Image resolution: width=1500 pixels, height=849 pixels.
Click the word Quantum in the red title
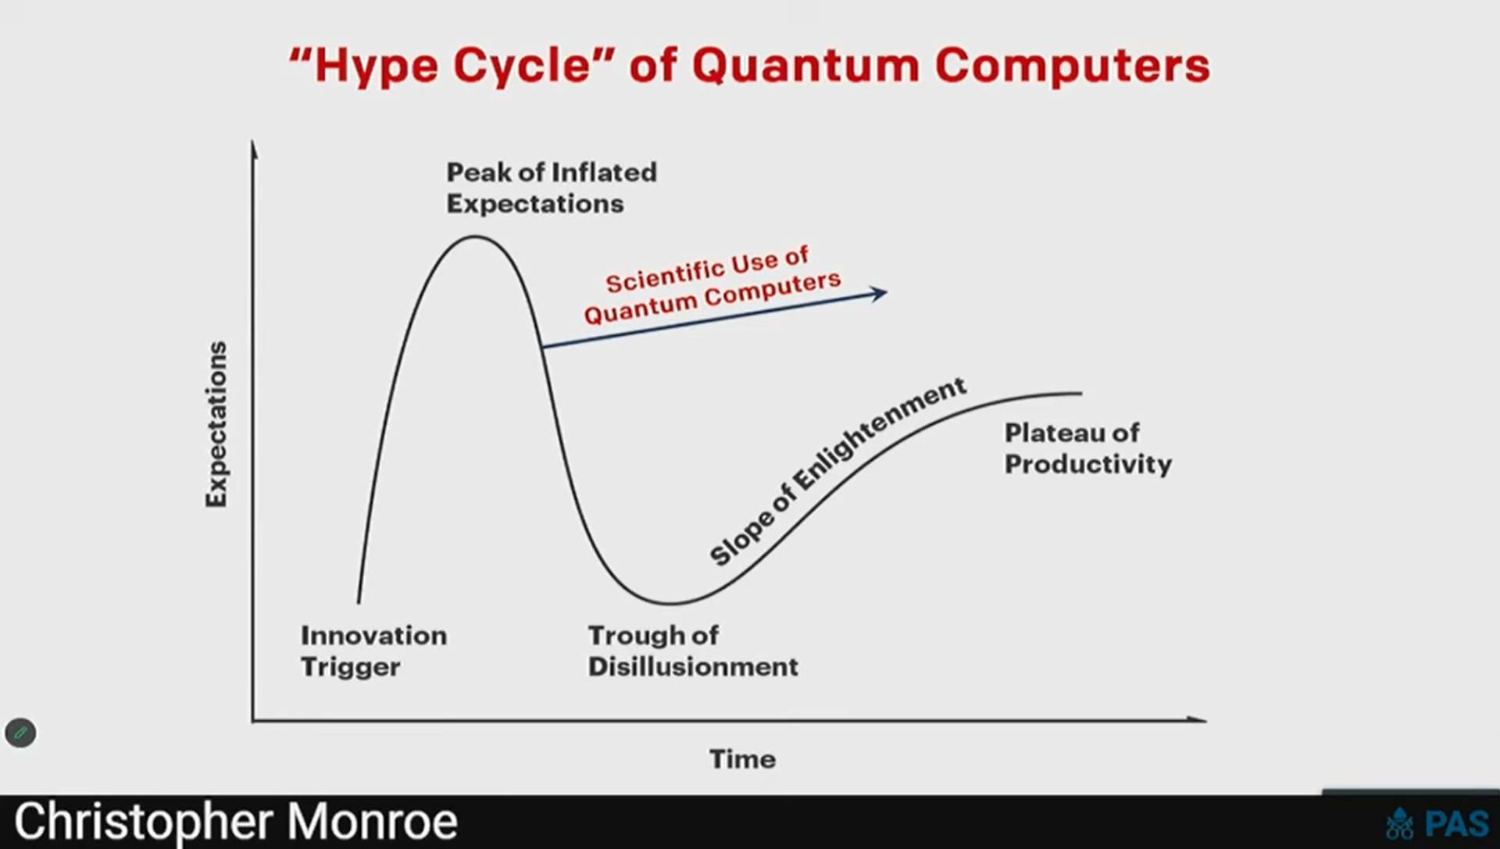pos(805,66)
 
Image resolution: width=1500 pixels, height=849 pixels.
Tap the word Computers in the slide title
pos(1073,66)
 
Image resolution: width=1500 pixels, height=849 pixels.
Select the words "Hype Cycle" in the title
pos(452,66)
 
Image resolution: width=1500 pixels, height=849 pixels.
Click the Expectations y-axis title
pos(216,424)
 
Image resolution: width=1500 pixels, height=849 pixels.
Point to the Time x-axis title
pos(742,759)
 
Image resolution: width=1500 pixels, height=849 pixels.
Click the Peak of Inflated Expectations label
pos(552,188)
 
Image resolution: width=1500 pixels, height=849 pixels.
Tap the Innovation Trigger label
pos(373,651)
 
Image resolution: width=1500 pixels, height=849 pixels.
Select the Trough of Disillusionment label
pos(693,651)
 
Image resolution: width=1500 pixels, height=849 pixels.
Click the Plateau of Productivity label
pos(1087,448)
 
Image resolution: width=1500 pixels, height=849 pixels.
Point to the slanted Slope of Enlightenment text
pos(837,471)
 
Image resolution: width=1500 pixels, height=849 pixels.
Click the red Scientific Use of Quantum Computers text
pos(712,286)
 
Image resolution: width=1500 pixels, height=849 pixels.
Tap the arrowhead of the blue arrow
pos(880,294)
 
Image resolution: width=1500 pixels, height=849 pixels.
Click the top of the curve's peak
pos(475,237)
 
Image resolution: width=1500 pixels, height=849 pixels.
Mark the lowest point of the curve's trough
pos(670,603)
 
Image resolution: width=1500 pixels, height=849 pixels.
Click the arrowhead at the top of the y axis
pos(253,148)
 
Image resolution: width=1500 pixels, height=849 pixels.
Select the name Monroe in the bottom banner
pos(372,822)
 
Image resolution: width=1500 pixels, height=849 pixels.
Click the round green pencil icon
pos(20,733)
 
